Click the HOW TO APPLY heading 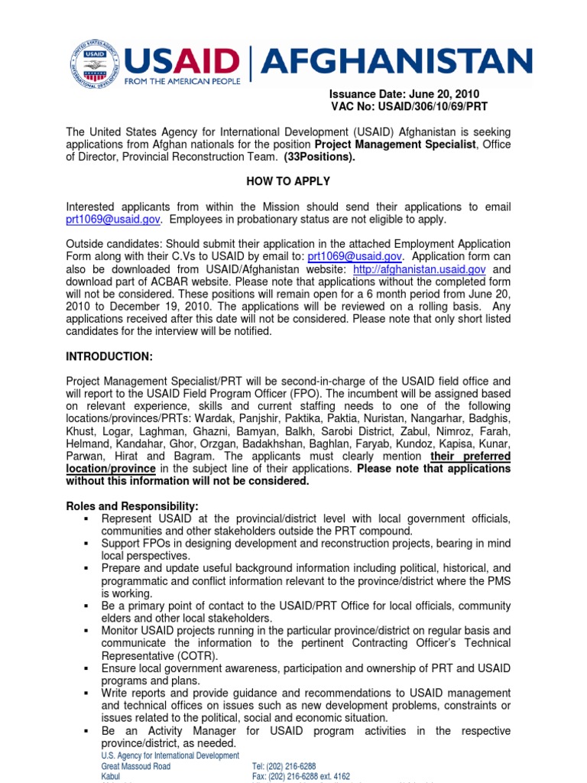[x=288, y=181]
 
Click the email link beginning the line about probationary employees [x=113, y=219]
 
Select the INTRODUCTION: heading [x=109, y=357]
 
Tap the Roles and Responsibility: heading [x=132, y=506]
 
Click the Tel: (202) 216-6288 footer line [x=284, y=766]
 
